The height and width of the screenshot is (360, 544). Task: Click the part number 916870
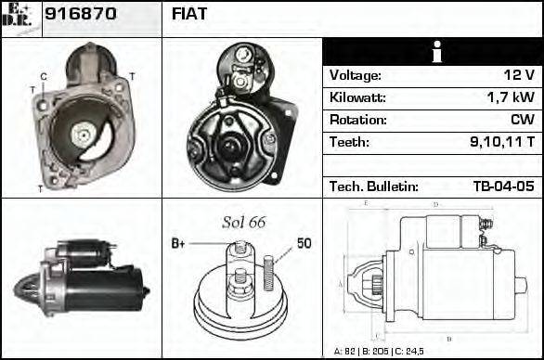pos(82,15)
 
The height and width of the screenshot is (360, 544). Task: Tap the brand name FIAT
pos(189,15)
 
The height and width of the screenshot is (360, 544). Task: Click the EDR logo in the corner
pos(20,17)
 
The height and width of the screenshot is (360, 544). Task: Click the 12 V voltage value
pos(520,75)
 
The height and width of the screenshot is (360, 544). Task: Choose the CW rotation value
pos(523,120)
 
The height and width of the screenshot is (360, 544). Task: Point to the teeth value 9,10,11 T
pos(502,142)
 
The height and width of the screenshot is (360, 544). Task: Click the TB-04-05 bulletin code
pos(503,186)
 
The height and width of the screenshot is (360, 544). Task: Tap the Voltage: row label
pos(355,75)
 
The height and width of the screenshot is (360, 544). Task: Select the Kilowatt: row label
pos(357,97)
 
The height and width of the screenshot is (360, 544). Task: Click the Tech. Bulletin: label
pos(373,186)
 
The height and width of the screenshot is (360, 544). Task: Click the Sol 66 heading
pos(244,222)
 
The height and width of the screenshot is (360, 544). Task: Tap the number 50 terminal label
pos(304,243)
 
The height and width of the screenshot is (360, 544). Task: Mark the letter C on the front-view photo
pos(44,76)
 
